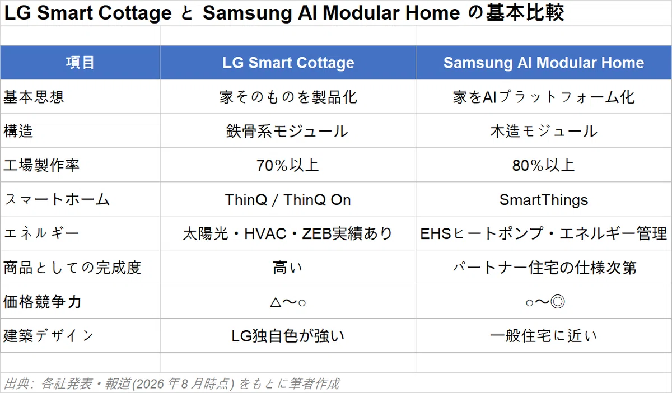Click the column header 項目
coord(80,63)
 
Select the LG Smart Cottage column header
coord(288,63)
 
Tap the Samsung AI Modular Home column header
coord(544,63)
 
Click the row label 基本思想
coord(34,97)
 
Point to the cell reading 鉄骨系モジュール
coord(287,132)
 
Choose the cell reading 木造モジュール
coord(544,132)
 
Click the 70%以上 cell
coord(287,165)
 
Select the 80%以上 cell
coord(543,165)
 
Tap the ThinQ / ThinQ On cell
coord(288,199)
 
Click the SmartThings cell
coord(544,200)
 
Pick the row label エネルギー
coord(41,233)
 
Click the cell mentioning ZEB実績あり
coord(287,233)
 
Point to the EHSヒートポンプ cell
coord(544,233)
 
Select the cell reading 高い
coord(287,268)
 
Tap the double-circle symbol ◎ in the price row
coord(558,302)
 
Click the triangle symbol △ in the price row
coord(276,302)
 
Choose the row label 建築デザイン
coord(49,336)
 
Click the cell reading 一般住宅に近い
coord(544,336)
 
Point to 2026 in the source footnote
coord(150,384)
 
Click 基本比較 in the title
coord(525,13)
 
